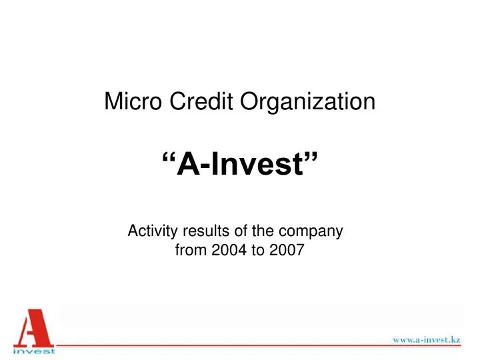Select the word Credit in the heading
pyautogui.click(x=191, y=102)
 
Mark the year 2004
pyautogui.click(x=221, y=251)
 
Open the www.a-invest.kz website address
pyautogui.click(x=426, y=339)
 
